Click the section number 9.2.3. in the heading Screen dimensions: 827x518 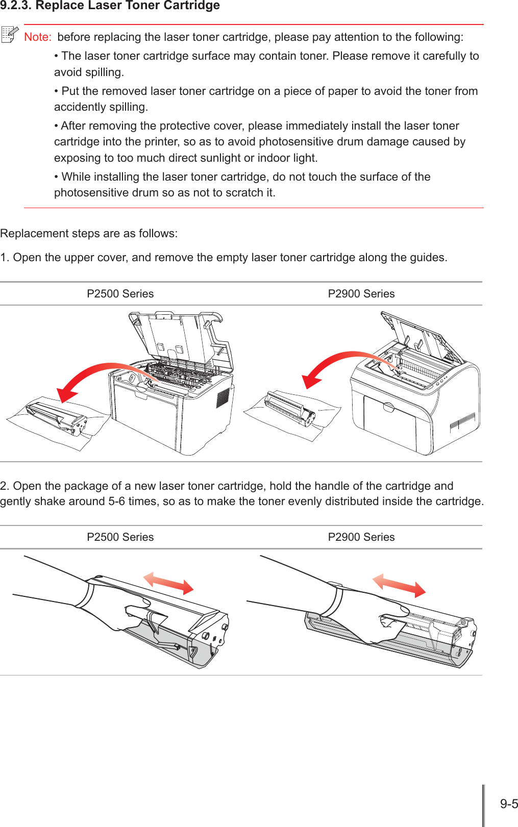pyautogui.click(x=15, y=6)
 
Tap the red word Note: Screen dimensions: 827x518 pyautogui.click(x=37, y=37)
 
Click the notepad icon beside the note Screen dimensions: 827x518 pyautogui.click(x=10, y=35)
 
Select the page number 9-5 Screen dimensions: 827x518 pyautogui.click(x=508, y=804)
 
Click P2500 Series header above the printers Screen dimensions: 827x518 pyautogui.click(x=120, y=294)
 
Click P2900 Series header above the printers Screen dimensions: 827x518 pyautogui.click(x=361, y=294)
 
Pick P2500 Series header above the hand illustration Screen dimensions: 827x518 pyautogui.click(x=120, y=537)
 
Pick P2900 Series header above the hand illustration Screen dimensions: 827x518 pyautogui.click(x=361, y=537)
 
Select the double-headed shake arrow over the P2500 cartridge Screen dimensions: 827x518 pyautogui.click(x=168, y=583)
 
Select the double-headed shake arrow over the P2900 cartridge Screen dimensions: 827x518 pyautogui.click(x=399, y=585)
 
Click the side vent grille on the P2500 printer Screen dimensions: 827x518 pyautogui.click(x=223, y=397)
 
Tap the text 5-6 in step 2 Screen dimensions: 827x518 pyautogui.click(x=116, y=502)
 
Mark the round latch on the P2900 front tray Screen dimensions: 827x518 pyautogui.click(x=389, y=408)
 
